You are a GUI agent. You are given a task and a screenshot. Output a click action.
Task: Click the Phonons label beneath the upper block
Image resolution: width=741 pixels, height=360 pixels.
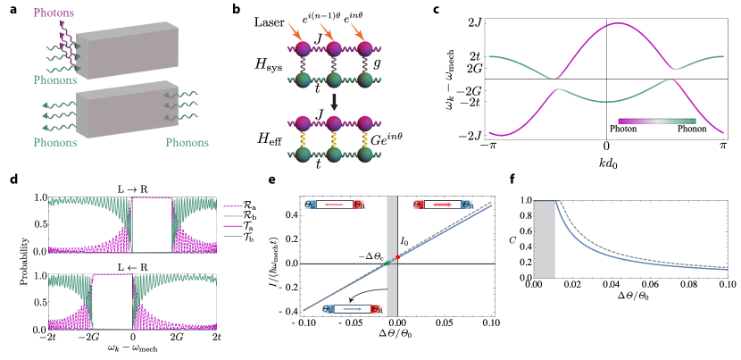click(x=55, y=80)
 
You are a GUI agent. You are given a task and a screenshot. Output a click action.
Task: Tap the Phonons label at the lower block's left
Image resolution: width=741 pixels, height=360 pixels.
click(x=55, y=142)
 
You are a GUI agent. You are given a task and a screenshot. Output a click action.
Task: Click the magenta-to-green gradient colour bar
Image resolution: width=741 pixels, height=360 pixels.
click(x=656, y=121)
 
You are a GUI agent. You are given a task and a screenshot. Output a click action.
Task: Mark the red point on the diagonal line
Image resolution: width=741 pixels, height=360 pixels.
click(x=398, y=256)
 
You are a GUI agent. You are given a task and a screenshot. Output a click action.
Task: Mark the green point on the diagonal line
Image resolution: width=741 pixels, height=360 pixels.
click(x=387, y=263)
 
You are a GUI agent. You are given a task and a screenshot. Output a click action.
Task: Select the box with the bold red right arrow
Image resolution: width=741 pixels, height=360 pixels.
click(x=443, y=205)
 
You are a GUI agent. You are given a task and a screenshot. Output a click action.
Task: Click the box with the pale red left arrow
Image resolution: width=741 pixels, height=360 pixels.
click(x=335, y=205)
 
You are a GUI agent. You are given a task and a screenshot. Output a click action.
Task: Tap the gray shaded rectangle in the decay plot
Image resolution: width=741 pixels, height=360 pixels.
click(x=545, y=239)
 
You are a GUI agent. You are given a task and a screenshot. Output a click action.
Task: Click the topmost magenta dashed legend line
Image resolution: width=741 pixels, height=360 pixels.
click(x=233, y=205)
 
